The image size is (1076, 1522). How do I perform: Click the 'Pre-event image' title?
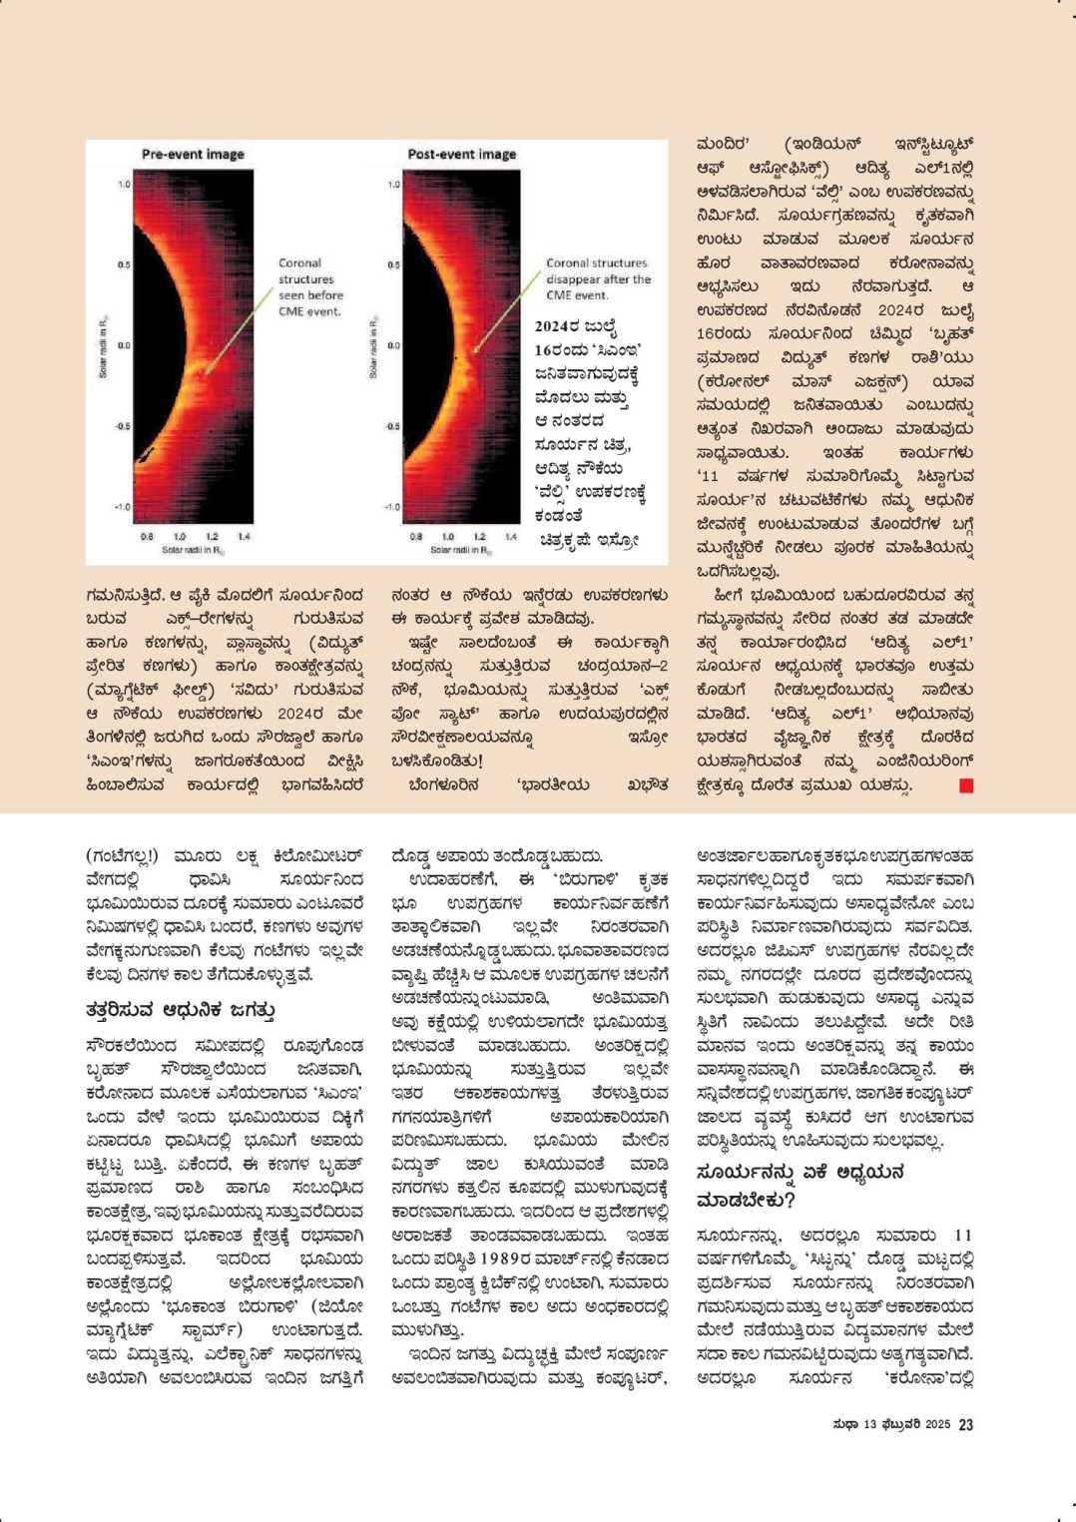click(x=193, y=154)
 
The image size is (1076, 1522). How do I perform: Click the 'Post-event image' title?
click(x=461, y=154)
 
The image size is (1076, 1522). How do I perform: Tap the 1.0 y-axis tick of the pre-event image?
click(x=125, y=185)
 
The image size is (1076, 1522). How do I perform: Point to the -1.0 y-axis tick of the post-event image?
click(x=392, y=507)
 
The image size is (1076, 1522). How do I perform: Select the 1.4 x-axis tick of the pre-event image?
click(x=244, y=537)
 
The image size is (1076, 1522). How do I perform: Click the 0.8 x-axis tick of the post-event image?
click(x=416, y=537)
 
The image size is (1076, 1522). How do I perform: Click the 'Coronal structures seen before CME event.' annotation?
click(x=309, y=287)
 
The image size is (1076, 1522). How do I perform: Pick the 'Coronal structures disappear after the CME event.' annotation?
click(x=597, y=278)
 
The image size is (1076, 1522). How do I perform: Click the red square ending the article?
click(x=965, y=785)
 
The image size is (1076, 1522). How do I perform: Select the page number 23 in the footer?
click(x=965, y=1425)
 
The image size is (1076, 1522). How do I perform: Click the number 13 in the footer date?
click(x=869, y=1425)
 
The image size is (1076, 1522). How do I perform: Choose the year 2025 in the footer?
click(x=936, y=1425)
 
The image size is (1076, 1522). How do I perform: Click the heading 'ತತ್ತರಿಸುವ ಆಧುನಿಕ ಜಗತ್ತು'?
click(x=180, y=1010)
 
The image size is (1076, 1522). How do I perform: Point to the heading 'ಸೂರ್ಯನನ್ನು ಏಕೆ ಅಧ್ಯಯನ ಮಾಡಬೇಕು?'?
click(x=786, y=1185)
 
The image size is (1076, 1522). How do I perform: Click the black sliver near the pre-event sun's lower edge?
click(x=147, y=455)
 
